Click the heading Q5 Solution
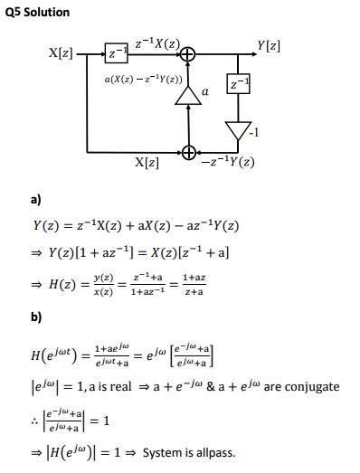pos(37,12)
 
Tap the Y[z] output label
pos(268,44)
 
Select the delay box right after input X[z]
pos(115,55)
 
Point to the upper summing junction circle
pos(188,55)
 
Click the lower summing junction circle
pos(188,151)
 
